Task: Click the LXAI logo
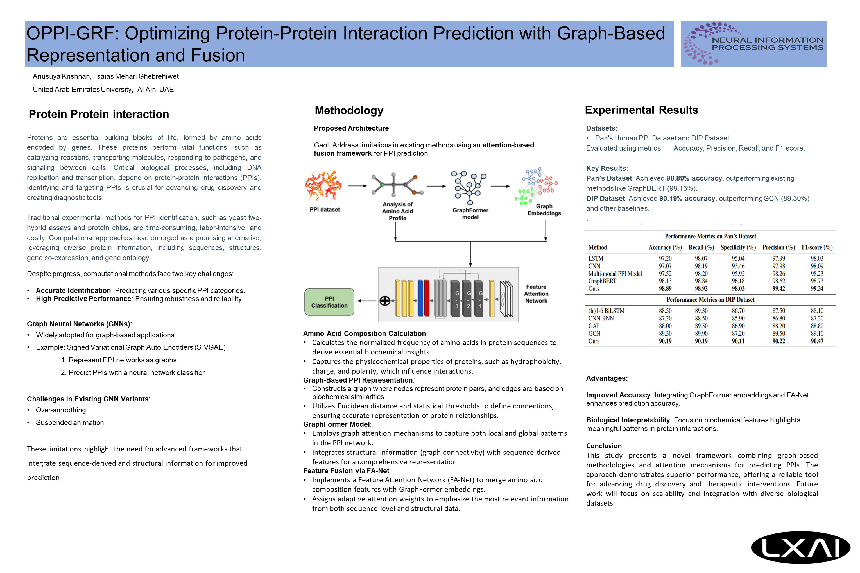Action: point(800,548)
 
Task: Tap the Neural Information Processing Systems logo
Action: point(753,44)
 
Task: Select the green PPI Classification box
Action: point(329,302)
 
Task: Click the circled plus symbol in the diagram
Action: point(385,301)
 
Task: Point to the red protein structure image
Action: point(323,186)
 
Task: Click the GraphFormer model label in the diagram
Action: point(470,213)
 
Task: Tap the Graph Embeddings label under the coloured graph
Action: point(544,210)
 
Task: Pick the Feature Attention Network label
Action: point(536,294)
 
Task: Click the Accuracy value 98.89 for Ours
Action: point(665,289)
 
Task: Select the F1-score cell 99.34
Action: point(817,289)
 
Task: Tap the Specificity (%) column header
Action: point(738,247)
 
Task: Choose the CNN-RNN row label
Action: point(601,318)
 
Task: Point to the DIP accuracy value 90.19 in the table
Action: point(665,341)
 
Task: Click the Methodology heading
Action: point(349,110)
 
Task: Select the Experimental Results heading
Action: point(641,110)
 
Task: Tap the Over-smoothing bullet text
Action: point(61,410)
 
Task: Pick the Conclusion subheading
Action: point(604,446)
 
